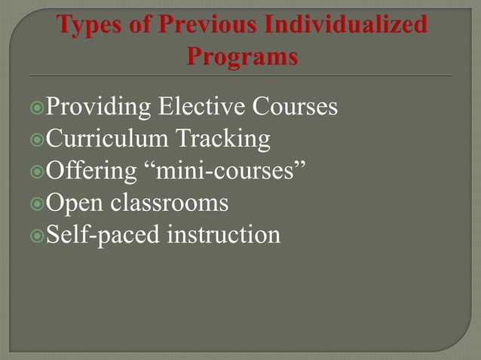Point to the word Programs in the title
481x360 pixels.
tap(241, 56)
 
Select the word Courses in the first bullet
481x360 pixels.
tap(295, 108)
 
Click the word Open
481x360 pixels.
tap(75, 204)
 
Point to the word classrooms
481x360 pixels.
tap(170, 203)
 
